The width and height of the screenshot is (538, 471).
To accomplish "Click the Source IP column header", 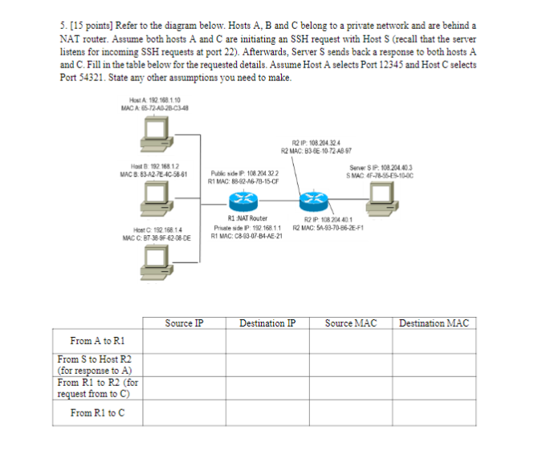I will pos(184,323).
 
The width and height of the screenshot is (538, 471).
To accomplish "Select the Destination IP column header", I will pos(267,323).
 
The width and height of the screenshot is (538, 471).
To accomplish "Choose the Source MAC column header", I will pos(351,323).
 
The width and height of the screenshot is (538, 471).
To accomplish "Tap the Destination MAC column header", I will pos(434,323).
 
